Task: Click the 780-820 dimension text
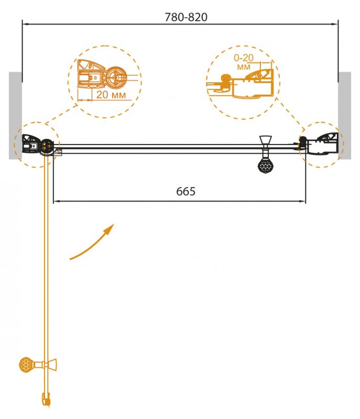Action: (x=186, y=17)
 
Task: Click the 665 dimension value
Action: (x=186, y=191)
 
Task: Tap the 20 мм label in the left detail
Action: (x=111, y=95)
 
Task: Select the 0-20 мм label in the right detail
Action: (x=244, y=62)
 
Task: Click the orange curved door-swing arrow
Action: (x=92, y=241)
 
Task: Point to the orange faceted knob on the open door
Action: (x=27, y=365)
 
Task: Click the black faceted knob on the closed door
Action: (x=265, y=166)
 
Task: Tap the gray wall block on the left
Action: (x=15, y=115)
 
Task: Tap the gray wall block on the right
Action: (x=344, y=115)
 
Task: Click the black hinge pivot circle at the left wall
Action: (x=47, y=147)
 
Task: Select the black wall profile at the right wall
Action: (x=323, y=145)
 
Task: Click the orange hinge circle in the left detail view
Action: (x=116, y=77)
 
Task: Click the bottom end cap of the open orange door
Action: (x=46, y=400)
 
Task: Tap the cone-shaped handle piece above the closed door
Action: (x=265, y=140)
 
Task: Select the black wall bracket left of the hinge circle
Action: (x=31, y=144)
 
